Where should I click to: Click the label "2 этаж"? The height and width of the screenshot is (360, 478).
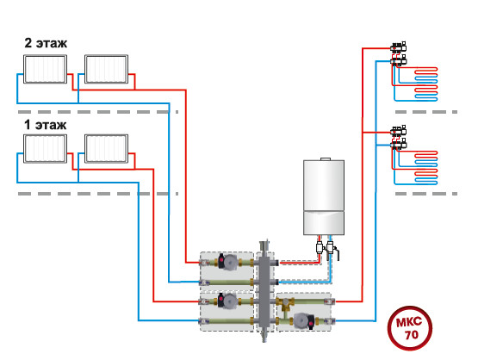(x=46, y=43)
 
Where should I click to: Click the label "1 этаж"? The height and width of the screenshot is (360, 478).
(x=46, y=125)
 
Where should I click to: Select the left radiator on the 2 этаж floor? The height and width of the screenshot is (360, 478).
(x=45, y=69)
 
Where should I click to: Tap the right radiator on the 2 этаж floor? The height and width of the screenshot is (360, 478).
(x=107, y=69)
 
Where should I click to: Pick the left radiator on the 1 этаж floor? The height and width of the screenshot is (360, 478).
(x=45, y=149)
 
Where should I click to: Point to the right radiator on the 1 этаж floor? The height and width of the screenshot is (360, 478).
(x=107, y=149)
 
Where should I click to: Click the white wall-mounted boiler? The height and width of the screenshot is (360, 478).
(x=324, y=197)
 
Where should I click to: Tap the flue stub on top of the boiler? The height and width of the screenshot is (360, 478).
(x=326, y=159)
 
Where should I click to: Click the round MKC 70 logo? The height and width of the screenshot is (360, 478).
(x=410, y=328)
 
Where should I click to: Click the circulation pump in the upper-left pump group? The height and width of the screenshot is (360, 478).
(x=227, y=262)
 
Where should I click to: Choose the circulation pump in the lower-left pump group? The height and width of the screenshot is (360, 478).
(x=227, y=301)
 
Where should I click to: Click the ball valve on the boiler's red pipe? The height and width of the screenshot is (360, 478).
(x=320, y=247)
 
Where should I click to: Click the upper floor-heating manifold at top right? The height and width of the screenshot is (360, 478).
(x=399, y=54)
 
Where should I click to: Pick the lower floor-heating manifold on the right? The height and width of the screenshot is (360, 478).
(x=399, y=138)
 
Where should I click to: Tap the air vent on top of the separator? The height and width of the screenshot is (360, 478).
(x=264, y=245)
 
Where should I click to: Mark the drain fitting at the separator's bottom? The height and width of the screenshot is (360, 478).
(x=264, y=336)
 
